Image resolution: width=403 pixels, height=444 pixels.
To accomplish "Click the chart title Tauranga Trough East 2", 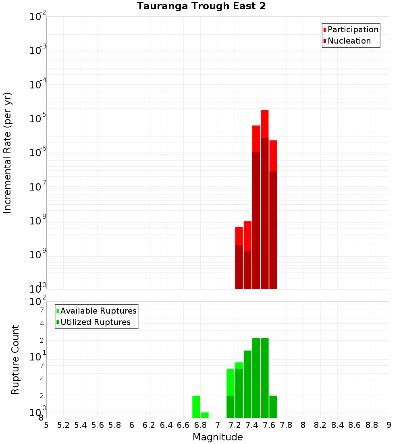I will [x=201, y=6].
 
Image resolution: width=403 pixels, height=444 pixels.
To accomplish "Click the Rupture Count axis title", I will [x=15, y=359].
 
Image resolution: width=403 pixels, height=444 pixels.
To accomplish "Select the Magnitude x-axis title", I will [x=218, y=437].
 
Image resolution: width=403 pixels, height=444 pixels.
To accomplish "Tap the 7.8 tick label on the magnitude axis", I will [x=286, y=425].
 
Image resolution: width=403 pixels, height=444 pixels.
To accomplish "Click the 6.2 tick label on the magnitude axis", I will [x=149, y=425].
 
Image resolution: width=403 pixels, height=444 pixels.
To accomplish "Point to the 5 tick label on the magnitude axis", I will [x=46, y=425].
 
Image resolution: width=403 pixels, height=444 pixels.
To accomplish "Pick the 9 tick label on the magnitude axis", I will [x=389, y=425].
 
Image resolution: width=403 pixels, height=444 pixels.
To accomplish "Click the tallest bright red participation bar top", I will [x=265, y=111].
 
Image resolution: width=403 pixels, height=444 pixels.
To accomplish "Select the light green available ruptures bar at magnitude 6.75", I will [x=196, y=406].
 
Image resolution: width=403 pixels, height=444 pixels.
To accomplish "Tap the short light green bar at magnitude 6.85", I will [x=205, y=415].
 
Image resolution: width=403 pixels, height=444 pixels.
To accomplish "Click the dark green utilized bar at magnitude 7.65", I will [x=273, y=406].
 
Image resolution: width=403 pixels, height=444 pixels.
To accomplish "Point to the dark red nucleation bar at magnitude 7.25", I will [x=239, y=266].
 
